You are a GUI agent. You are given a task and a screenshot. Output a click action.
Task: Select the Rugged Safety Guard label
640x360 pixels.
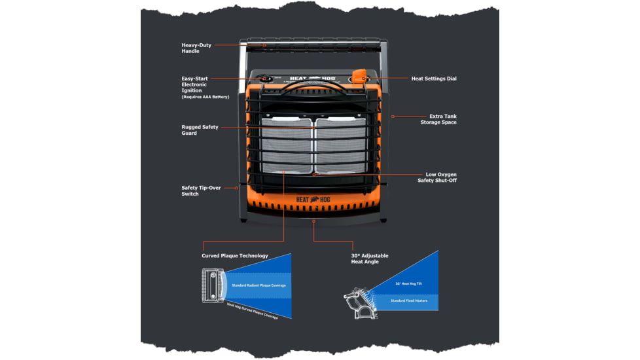click(200, 130)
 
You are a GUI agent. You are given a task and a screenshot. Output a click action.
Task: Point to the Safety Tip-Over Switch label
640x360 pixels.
click(200, 190)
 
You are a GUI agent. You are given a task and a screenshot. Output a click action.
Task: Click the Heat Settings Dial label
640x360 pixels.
click(433, 79)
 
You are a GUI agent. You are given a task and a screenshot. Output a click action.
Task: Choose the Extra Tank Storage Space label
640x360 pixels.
click(439, 119)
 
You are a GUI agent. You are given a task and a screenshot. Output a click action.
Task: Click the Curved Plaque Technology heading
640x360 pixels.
click(234, 256)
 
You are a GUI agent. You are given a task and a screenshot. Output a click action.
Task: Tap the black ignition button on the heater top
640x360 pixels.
click(266, 79)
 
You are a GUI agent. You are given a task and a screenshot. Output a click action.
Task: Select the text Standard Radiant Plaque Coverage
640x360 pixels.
click(258, 285)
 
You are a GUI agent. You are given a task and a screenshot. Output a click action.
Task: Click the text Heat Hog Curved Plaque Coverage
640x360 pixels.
click(252, 311)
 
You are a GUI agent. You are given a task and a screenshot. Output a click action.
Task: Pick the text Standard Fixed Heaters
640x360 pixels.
click(409, 300)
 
